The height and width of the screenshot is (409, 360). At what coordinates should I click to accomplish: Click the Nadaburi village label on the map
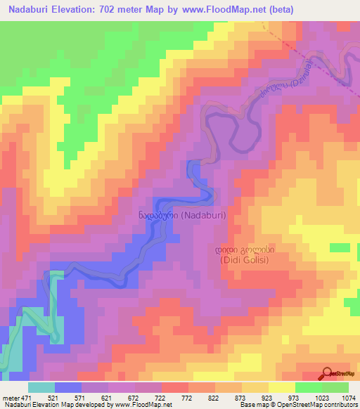tap(182, 216)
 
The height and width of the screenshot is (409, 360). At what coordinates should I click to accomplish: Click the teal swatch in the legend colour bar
tap(41, 387)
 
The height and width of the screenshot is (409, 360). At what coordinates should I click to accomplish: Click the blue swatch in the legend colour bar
tap(67, 387)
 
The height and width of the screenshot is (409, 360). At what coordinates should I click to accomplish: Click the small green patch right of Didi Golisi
tap(340, 248)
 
